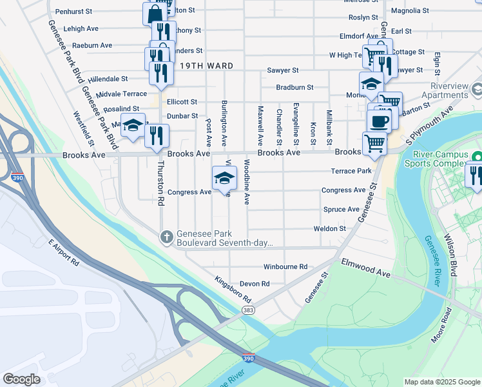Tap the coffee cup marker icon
tap(380, 121)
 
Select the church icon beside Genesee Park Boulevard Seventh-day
tap(166, 237)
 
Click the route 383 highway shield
tap(248, 310)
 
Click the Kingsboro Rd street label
tap(233, 292)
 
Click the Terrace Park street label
tap(351, 171)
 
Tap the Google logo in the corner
tap(21, 379)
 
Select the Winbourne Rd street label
tap(285, 266)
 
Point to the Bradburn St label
tap(294, 87)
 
